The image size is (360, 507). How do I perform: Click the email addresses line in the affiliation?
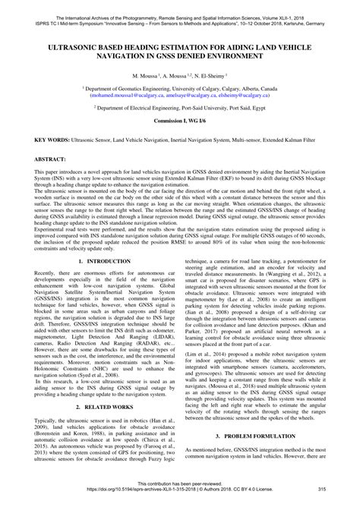tap(180, 96)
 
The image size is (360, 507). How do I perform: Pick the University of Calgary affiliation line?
tap(180, 90)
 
